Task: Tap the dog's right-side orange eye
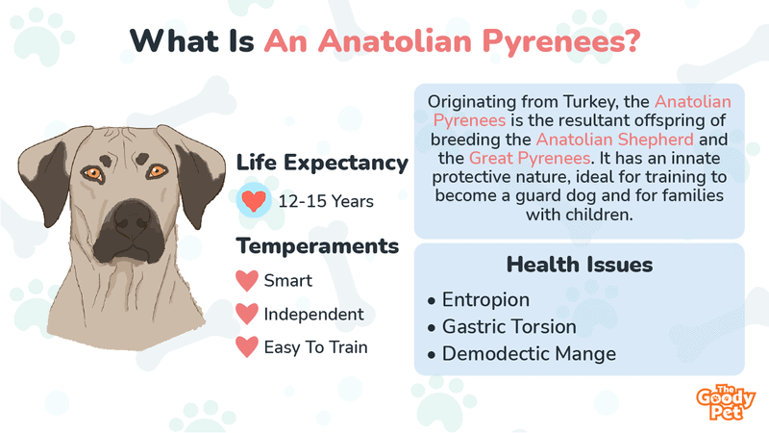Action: (x=157, y=171)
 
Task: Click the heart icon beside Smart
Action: (x=247, y=282)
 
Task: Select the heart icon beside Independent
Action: (x=247, y=315)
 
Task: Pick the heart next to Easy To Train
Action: (x=247, y=347)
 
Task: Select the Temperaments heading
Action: (x=317, y=246)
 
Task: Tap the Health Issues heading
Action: (x=579, y=264)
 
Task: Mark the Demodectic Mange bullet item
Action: (x=528, y=354)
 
